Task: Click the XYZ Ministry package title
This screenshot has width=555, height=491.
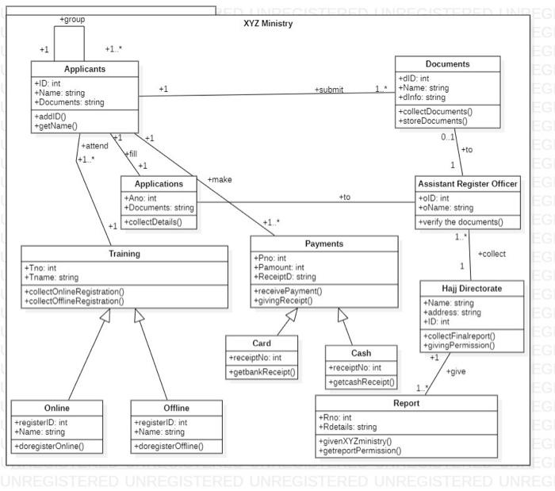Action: pos(267,24)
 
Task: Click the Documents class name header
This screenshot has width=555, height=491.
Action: pos(447,64)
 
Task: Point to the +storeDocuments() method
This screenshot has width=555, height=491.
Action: pos(433,121)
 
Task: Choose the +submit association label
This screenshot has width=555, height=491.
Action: pos(328,90)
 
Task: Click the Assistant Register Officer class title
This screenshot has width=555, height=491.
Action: pos(467,183)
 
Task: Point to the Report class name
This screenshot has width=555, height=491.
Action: pos(406,403)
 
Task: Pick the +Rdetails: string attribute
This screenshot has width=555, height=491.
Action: pos(348,427)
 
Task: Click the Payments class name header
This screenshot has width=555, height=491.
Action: pos(324,244)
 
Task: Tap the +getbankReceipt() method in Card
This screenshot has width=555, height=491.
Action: pos(262,372)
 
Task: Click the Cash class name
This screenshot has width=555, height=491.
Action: pos(361,353)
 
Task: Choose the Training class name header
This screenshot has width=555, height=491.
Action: pos(124,254)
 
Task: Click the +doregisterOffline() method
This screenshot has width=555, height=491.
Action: pos(167,446)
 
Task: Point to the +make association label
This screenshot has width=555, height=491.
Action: pos(219,180)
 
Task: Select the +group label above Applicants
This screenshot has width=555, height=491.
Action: pos(72,19)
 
